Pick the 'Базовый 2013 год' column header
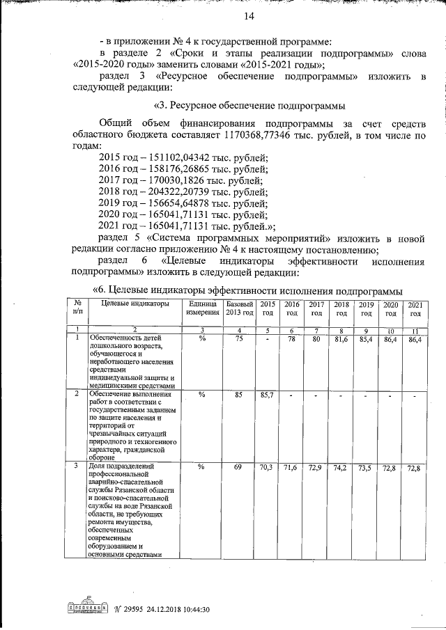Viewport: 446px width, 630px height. [x=238, y=309]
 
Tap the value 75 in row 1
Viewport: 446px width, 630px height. [x=238, y=338]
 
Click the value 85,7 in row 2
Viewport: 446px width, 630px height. [x=267, y=395]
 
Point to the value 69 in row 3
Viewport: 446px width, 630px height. [x=238, y=466]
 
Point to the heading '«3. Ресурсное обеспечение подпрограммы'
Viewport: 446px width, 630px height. [x=249, y=106]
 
